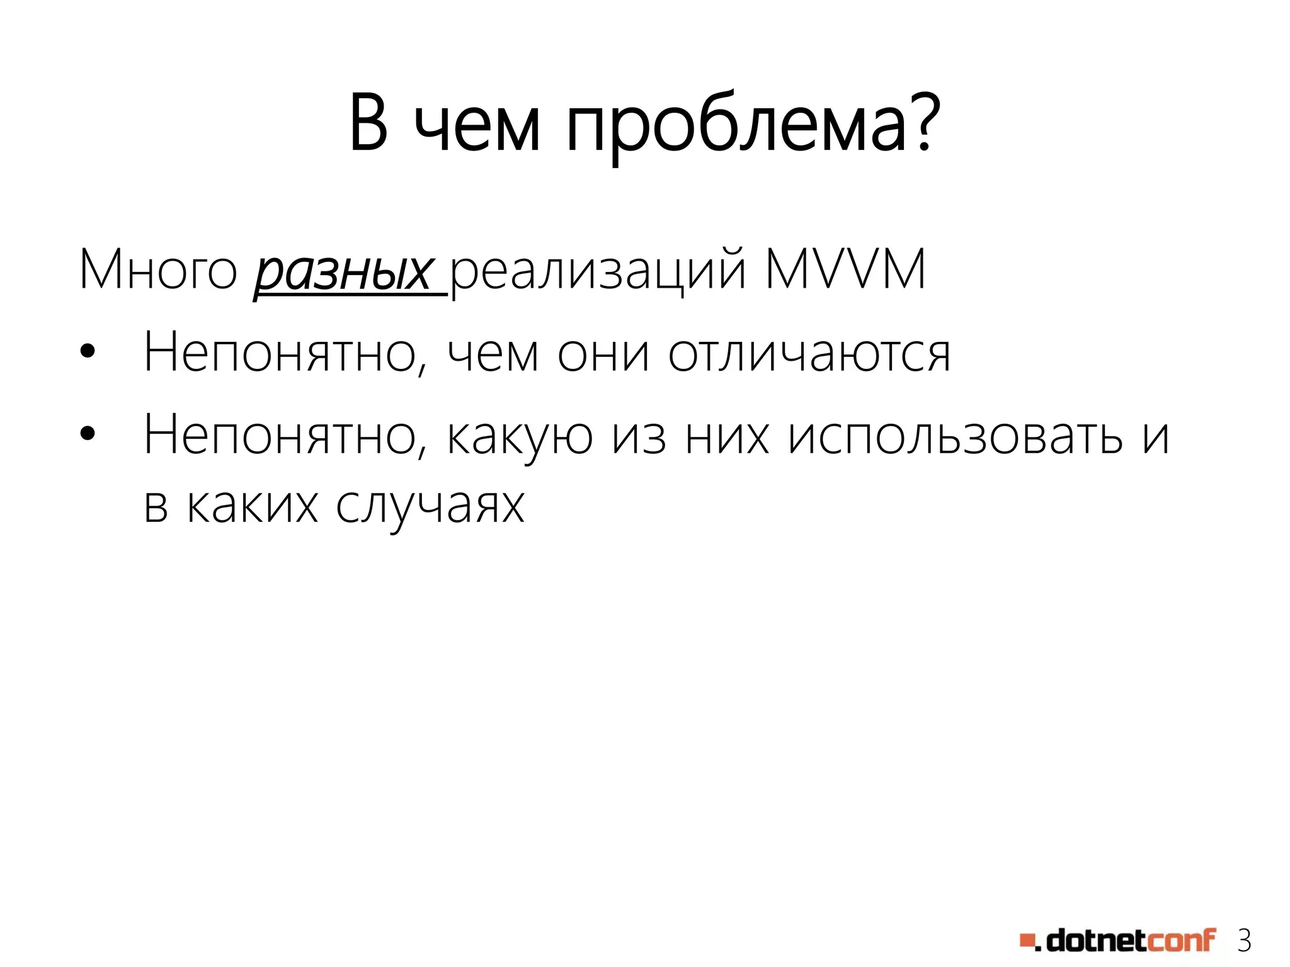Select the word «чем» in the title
(477, 126)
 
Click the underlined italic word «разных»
(343, 272)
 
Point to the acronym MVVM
(845, 269)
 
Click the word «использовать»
(955, 436)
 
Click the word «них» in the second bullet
(727, 436)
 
